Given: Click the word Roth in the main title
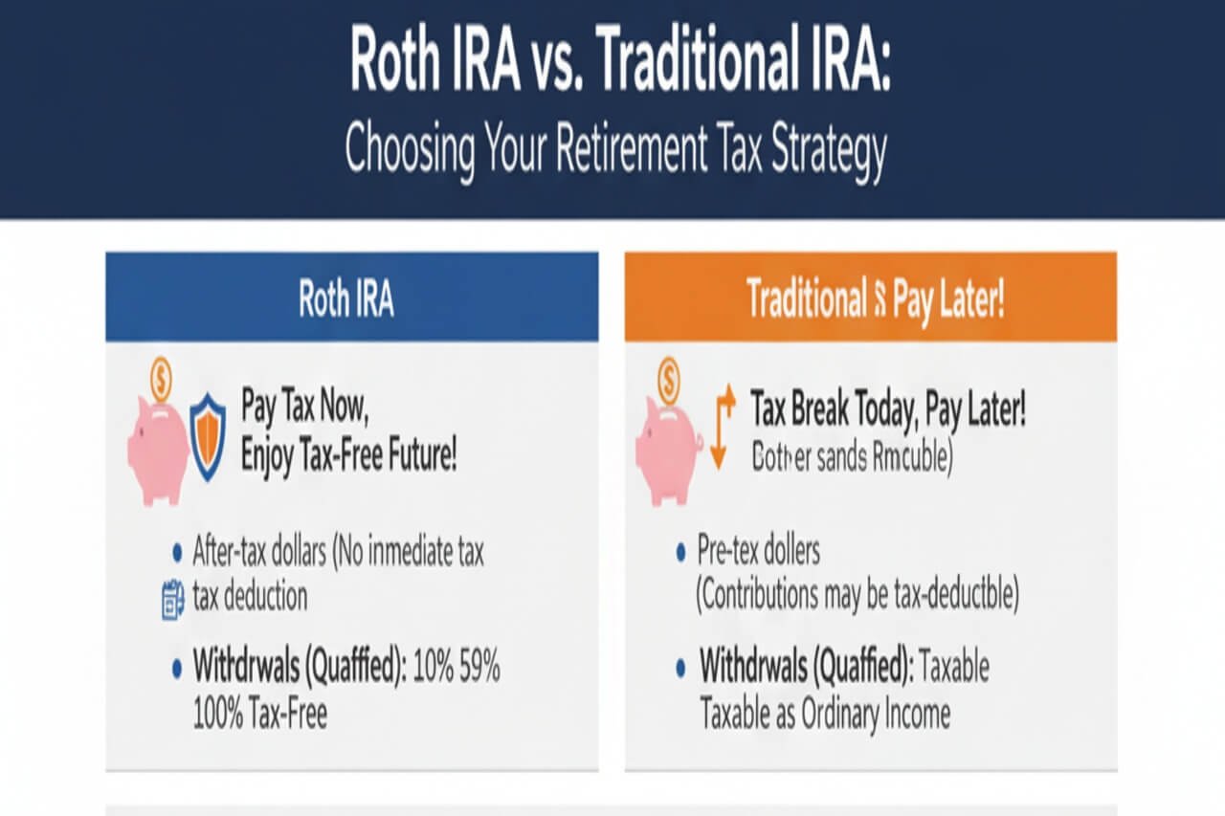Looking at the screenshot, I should [401, 61].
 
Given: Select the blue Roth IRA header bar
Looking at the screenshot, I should [351, 298].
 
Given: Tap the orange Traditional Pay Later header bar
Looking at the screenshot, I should [870, 298].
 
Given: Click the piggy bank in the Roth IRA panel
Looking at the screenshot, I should [157, 449].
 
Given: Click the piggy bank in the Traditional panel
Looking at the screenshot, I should [668, 449].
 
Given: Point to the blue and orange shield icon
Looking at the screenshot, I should [208, 435].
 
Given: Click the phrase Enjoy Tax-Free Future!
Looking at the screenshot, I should [348, 453].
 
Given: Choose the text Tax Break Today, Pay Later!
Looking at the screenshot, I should [888, 408].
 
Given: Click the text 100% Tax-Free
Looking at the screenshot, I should [260, 714].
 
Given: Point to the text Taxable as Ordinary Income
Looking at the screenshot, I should [825, 714].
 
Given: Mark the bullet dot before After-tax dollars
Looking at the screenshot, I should [177, 552].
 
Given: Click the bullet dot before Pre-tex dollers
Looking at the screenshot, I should [680, 552].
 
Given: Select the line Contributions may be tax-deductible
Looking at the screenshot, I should [857, 596].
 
